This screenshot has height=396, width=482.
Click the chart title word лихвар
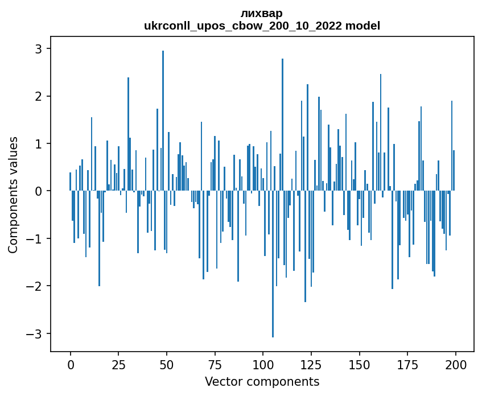click(262, 13)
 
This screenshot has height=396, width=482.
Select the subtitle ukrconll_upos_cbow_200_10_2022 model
click(262, 26)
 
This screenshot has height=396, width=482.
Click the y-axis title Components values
click(13, 195)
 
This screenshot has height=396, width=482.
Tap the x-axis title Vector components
click(262, 381)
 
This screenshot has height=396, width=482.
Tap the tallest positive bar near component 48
click(163, 114)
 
